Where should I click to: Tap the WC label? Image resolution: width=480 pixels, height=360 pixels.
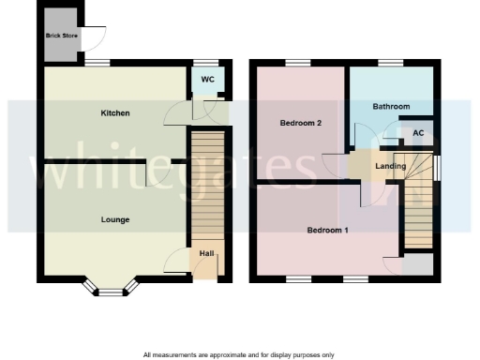(x=207, y=80)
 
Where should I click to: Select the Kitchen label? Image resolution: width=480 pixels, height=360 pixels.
(x=115, y=113)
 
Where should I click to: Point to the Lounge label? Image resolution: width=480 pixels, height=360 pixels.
(x=115, y=219)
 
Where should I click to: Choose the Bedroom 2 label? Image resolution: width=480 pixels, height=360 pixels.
(x=301, y=123)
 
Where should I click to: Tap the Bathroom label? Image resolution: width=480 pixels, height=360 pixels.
(x=391, y=107)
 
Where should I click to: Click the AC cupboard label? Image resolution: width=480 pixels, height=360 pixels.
(x=418, y=134)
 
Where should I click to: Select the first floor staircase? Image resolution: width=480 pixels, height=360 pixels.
(x=419, y=212)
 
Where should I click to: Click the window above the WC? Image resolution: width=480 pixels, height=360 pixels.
(x=205, y=64)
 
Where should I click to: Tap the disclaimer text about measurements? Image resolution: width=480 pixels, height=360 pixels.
(x=238, y=354)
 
